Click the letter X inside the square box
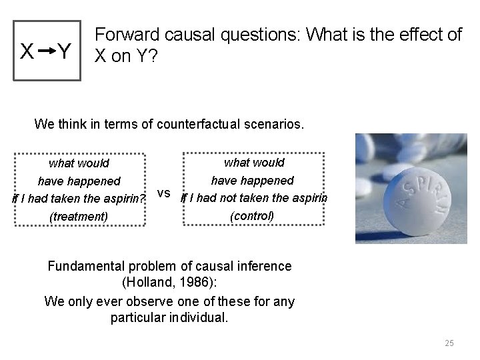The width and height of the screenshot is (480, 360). click(28, 51)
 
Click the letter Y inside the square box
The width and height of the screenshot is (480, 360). click(64, 51)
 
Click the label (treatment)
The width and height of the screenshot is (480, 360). click(79, 216)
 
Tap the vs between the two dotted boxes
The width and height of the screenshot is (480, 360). click(165, 194)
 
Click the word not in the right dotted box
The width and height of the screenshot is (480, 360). click(241, 198)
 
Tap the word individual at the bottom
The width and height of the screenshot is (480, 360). click(196, 318)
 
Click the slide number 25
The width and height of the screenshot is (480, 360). click(449, 343)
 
